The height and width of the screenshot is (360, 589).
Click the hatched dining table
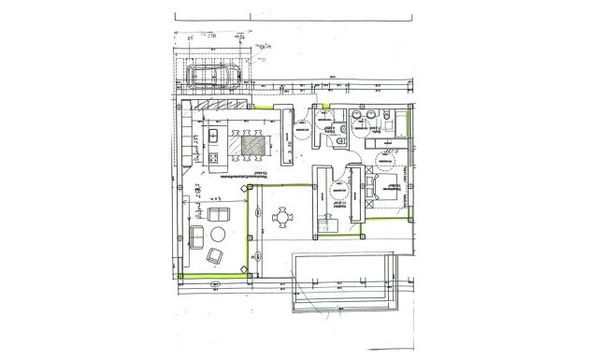point(253,145)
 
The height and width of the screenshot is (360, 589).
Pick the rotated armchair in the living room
point(216,256)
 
